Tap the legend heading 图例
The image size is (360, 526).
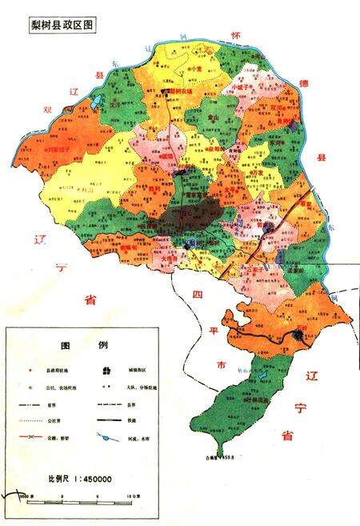click(84, 346)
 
